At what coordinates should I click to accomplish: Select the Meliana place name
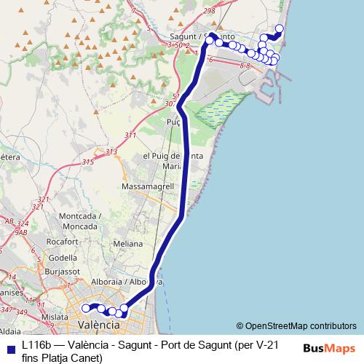pos(128,245)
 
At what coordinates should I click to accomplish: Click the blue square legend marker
pos(10,348)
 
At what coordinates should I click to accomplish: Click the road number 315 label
pos(88,162)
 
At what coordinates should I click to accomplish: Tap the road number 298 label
pos(210,11)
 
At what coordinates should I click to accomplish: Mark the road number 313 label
pos(111,151)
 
